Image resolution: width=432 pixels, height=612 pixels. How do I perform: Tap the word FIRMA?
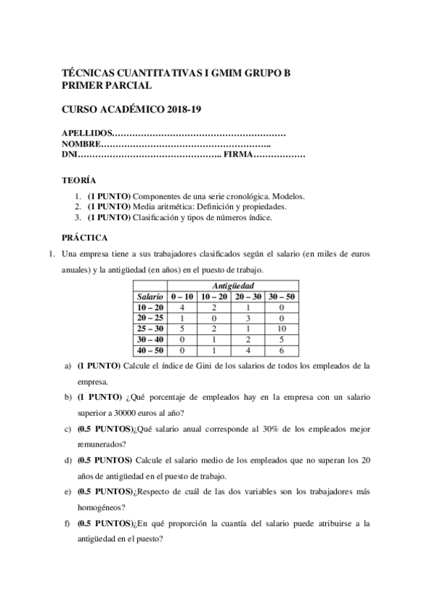point(239,154)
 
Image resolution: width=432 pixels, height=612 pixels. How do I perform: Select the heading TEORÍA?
point(78,180)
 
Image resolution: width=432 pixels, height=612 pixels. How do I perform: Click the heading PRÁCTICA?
point(84,237)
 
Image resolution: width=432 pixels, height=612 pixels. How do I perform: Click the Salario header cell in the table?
point(150,297)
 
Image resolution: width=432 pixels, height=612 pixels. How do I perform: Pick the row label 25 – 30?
point(150,328)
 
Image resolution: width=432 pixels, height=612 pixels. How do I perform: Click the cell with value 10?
point(282,328)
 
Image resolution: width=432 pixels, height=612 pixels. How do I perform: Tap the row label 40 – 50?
point(150,350)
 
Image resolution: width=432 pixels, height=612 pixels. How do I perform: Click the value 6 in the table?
point(282,350)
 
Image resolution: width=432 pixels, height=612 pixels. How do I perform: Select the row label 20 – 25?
point(150,318)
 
